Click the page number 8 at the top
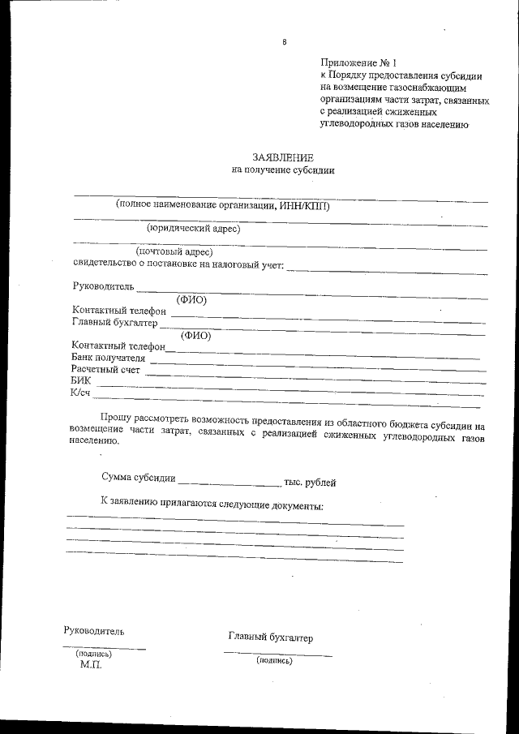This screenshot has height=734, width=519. (x=284, y=42)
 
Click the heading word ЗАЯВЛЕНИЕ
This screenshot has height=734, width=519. (x=282, y=157)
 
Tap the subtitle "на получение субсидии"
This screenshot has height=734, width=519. (x=282, y=170)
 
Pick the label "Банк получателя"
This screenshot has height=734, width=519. (x=109, y=358)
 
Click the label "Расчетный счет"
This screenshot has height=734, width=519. (x=105, y=370)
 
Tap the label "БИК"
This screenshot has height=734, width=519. (x=81, y=381)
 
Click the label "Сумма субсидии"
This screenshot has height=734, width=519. (x=139, y=480)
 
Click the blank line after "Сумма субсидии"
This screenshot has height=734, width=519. (x=229, y=484)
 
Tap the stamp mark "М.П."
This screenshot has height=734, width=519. (x=91, y=663)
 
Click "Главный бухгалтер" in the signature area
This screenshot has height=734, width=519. (x=270, y=637)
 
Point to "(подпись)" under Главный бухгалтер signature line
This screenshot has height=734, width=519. (x=273, y=660)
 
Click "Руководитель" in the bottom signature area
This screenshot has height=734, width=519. (x=94, y=630)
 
